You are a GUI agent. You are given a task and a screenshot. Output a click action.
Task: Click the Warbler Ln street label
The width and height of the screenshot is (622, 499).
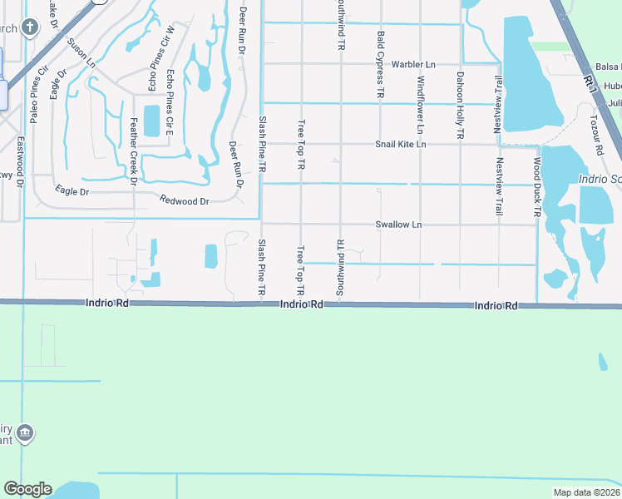(x=413, y=64)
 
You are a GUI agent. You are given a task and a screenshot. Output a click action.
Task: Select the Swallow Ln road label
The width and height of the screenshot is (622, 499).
(x=398, y=225)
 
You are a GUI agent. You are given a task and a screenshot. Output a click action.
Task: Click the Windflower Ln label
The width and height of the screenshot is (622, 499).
(x=420, y=105)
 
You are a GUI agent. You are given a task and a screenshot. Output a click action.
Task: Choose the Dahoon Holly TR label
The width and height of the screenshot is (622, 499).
(x=460, y=105)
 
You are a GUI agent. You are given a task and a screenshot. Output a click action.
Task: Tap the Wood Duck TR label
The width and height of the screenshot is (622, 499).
(x=537, y=187)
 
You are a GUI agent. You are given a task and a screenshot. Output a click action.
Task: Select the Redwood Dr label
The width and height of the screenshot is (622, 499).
(x=184, y=200)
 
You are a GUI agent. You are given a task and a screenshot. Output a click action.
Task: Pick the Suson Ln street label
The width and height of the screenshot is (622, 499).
(x=81, y=52)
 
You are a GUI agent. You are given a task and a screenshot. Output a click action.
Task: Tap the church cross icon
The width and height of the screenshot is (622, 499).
(x=30, y=28)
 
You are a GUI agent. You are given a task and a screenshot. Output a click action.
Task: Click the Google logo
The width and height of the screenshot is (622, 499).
(x=27, y=489)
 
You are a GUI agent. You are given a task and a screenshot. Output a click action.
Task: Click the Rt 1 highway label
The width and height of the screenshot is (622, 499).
(x=589, y=82)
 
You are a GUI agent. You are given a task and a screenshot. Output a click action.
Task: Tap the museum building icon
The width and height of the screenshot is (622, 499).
(x=26, y=432)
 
